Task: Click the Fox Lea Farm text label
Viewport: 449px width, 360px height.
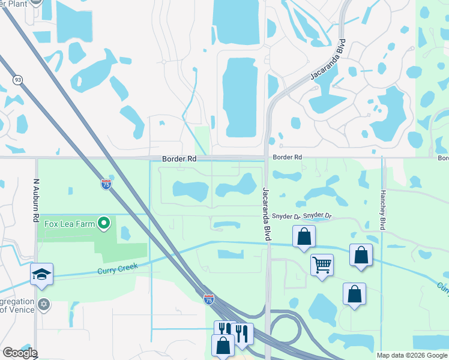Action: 69,224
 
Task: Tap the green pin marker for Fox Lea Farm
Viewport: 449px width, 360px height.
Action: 104,224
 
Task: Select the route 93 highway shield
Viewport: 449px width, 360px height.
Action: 17,80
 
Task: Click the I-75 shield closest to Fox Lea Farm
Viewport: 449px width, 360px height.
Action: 106,185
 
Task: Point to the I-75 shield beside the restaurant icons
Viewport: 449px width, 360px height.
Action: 208,299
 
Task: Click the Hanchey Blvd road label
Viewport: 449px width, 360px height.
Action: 382,210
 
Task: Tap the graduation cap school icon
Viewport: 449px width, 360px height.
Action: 42,274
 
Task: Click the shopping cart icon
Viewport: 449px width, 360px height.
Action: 322,264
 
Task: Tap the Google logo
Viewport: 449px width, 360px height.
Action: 20,353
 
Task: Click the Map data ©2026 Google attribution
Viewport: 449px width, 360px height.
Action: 412,355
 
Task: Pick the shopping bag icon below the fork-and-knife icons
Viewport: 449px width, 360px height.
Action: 223,346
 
